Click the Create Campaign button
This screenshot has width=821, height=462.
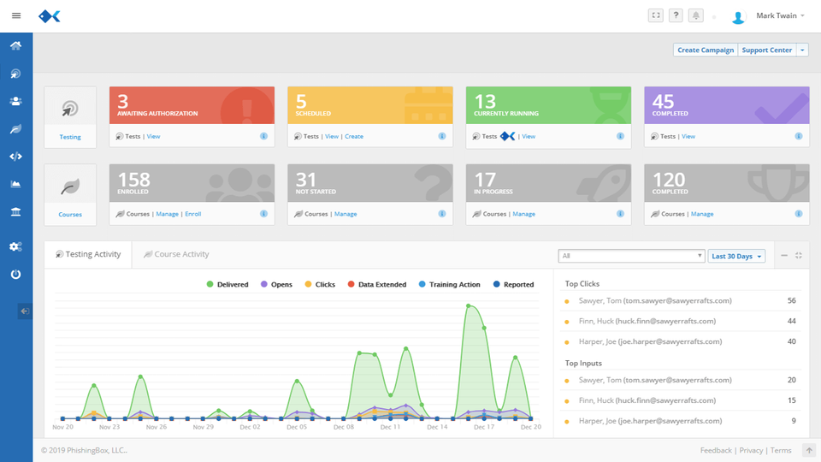click(706, 50)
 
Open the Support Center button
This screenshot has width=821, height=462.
click(766, 50)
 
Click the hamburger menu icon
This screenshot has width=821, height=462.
click(16, 15)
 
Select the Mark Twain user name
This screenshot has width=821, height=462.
click(777, 15)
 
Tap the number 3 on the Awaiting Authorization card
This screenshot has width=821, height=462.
click(123, 101)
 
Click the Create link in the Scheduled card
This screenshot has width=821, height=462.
click(354, 137)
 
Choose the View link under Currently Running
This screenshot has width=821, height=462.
click(529, 137)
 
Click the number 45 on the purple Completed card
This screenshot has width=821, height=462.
click(663, 101)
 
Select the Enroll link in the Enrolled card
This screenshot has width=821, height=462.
click(193, 214)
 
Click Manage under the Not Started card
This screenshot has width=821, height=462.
click(346, 214)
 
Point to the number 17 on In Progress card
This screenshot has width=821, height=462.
click(485, 180)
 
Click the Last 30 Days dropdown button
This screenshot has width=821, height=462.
click(736, 256)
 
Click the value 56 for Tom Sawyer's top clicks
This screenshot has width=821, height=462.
click(791, 301)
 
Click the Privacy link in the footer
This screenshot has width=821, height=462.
click(751, 451)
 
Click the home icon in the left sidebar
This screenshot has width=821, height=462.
click(16, 45)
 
